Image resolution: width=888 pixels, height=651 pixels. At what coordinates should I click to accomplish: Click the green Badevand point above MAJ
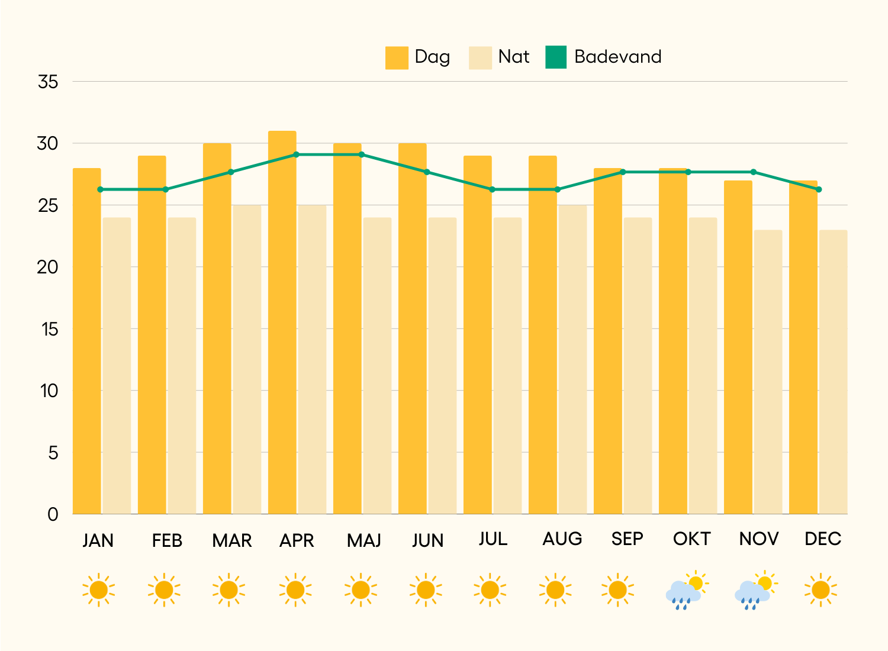click(362, 154)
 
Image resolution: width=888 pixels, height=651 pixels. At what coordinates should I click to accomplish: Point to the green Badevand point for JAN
click(100, 189)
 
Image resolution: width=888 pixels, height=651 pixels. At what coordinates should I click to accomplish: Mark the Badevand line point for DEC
click(819, 189)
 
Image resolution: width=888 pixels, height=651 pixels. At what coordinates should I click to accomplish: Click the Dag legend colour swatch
click(397, 57)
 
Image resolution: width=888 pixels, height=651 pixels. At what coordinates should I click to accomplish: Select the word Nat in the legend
click(513, 57)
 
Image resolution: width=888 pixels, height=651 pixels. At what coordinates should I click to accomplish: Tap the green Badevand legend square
click(556, 57)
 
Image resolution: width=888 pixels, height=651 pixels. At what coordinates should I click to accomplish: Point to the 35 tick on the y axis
click(48, 82)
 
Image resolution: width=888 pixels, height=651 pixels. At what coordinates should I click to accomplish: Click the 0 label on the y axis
click(53, 514)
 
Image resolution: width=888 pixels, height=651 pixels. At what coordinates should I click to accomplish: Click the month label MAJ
click(363, 540)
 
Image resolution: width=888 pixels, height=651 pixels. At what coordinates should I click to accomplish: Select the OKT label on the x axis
click(691, 539)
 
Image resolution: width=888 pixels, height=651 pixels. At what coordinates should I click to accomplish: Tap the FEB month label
click(167, 540)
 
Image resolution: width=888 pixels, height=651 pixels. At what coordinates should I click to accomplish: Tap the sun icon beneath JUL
click(490, 590)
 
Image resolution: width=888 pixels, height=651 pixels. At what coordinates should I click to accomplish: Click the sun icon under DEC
click(821, 590)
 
